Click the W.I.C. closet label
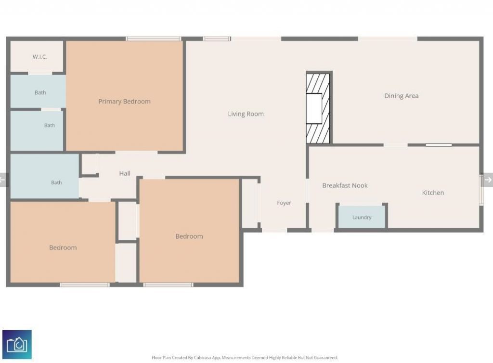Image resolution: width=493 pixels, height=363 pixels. tap(40, 57)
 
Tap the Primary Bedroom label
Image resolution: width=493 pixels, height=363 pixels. tap(125, 102)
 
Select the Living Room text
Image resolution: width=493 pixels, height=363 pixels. tap(246, 114)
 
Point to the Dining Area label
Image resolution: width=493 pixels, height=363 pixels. tap(402, 96)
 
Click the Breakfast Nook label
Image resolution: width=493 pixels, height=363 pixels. tap(345, 185)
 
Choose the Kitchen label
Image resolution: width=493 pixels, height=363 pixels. tap(433, 193)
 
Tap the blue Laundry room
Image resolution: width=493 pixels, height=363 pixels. tap(362, 217)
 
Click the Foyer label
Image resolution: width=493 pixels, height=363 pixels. tap(284, 203)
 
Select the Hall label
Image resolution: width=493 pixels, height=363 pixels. tap(125, 173)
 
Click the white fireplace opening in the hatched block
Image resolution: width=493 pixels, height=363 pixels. tap(314, 108)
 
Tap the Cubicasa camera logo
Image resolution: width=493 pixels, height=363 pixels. tap(17, 344)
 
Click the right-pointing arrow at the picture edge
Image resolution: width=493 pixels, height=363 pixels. tap(488, 180)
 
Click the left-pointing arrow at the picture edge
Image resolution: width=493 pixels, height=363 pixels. tap(3, 180)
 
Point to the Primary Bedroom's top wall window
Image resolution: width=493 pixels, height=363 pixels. tap(154, 39)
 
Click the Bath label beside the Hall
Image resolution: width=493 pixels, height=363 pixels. tap(57, 182)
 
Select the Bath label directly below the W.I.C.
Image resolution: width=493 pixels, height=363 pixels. tap(40, 93)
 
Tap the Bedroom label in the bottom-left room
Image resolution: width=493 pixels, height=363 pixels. tap(63, 247)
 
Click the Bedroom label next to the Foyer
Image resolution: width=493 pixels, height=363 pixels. tap(189, 236)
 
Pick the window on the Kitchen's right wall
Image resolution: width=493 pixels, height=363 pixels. tap(481, 190)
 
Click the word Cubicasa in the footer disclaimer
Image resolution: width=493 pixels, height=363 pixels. tap(202, 358)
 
